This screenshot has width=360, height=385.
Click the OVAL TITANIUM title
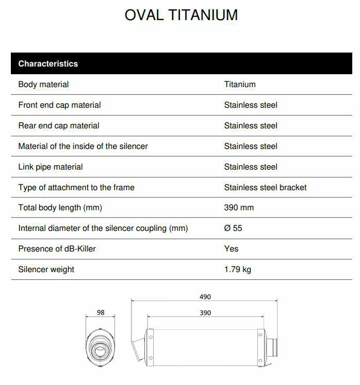[x=181, y=15]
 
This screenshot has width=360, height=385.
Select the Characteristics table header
[x=48, y=64]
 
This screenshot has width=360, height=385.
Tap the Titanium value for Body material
[x=240, y=85]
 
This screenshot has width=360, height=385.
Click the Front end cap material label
[x=59, y=105]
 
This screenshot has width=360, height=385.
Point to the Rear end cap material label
[x=59, y=126]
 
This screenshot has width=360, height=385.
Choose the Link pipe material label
[x=51, y=167]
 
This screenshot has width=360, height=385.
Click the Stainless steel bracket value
[x=265, y=188]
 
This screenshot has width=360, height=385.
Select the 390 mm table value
[x=239, y=208]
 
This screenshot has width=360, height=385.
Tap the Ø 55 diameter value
[x=233, y=228]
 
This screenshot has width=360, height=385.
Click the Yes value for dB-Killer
[x=232, y=249]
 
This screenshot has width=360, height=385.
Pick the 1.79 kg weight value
[x=238, y=270]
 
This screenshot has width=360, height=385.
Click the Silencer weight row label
[x=46, y=270]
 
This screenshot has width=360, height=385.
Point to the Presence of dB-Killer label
[x=57, y=249]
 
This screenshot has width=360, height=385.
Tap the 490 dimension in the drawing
[x=205, y=297]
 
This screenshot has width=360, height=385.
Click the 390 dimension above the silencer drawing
[x=205, y=313]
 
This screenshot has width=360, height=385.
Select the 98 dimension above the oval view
[x=101, y=313]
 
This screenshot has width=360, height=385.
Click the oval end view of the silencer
[x=101, y=348]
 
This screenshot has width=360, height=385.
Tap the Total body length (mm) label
[x=60, y=208]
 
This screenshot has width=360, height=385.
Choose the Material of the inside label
[x=83, y=146]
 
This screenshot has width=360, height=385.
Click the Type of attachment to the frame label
[x=76, y=188]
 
